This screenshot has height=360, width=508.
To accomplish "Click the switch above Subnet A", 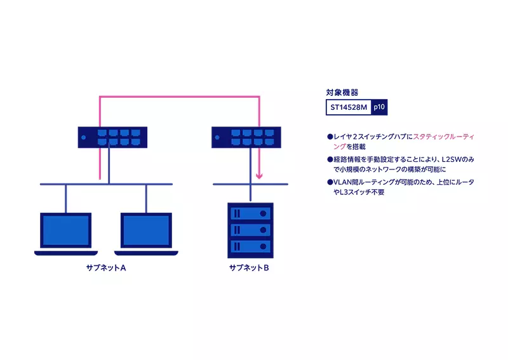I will [x=112, y=136].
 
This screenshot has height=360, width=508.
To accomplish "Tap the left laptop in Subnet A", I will [x=67, y=233].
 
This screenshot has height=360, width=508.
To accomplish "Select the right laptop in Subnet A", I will [x=147, y=233].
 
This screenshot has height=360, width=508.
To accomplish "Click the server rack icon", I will [x=250, y=229].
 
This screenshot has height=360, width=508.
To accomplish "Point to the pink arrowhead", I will [x=259, y=178].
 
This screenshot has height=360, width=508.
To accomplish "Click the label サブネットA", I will [x=106, y=268].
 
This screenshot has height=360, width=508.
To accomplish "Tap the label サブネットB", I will [x=250, y=268].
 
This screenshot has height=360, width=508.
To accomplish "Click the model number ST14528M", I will [x=349, y=108].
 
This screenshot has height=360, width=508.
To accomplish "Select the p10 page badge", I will [x=379, y=108].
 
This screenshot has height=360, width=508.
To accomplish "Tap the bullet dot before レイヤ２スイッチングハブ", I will [x=330, y=137].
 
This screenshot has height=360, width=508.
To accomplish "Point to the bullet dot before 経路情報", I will [x=330, y=159].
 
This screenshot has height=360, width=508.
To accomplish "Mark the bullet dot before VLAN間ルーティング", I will [x=330, y=182].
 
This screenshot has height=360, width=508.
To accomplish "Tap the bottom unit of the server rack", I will [x=250, y=246].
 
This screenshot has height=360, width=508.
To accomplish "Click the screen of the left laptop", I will [x=67, y=229].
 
